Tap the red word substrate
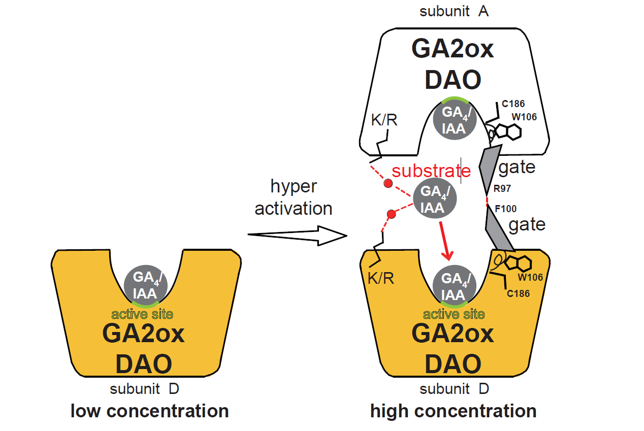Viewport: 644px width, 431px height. (426, 171)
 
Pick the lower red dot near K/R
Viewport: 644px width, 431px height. (392, 215)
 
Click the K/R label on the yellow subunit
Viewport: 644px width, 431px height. (380, 278)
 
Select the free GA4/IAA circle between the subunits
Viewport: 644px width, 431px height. (435, 199)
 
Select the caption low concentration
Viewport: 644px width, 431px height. (150, 411)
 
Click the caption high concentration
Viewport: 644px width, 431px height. (453, 411)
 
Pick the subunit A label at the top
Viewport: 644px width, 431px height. (454, 11)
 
